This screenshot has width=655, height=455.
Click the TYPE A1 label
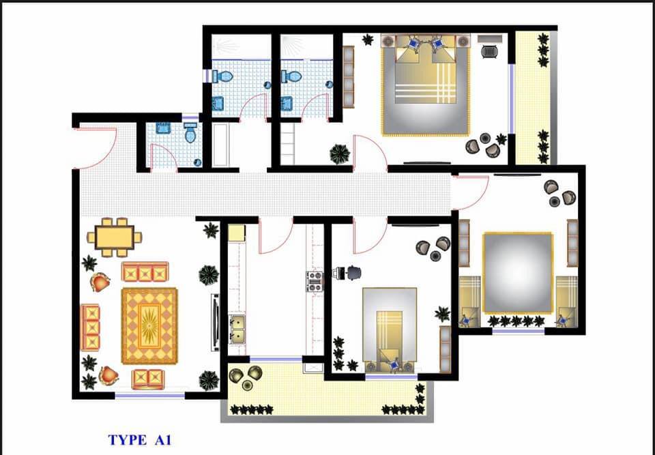(139, 440)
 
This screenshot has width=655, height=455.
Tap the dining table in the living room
(115, 237)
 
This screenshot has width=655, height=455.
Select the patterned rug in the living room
(149, 326)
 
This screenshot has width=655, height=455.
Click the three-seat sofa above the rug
(145, 272)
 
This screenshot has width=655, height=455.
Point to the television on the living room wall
(215, 322)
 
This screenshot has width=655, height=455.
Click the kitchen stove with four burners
(314, 282)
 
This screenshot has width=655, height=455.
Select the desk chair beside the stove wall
(353, 273)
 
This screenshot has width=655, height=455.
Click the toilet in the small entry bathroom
(190, 132)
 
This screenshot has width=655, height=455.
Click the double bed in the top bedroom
(425, 85)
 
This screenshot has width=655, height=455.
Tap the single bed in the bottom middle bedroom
(390, 329)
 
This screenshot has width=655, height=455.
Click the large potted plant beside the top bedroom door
(340, 153)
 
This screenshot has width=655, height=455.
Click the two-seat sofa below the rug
(148, 379)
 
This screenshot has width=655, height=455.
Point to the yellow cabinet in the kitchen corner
(237, 233)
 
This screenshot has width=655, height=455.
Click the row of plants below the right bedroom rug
(516, 321)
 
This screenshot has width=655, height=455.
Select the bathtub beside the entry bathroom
(220, 145)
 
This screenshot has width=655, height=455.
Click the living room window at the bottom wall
(150, 395)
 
